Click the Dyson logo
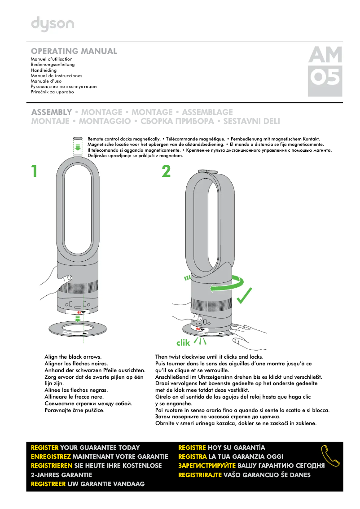coord(53,25)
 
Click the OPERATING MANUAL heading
coord(74,51)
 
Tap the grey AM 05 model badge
coord(325,72)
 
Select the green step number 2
coord(166,171)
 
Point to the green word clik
coord(183,343)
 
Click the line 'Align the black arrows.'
coord(73,356)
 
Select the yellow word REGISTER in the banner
coord(44,448)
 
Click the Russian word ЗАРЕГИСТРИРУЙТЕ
coord(207,465)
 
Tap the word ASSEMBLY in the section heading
coord(51,112)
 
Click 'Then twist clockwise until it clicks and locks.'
coord(209,356)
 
